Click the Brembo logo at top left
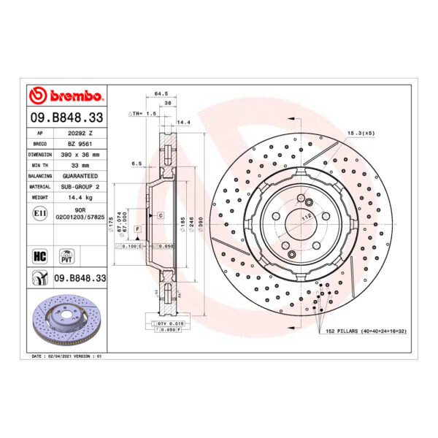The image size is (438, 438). (66, 96)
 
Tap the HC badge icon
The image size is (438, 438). (40, 255)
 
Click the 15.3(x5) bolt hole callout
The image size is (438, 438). (361, 133)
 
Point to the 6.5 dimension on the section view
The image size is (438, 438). (135, 164)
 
